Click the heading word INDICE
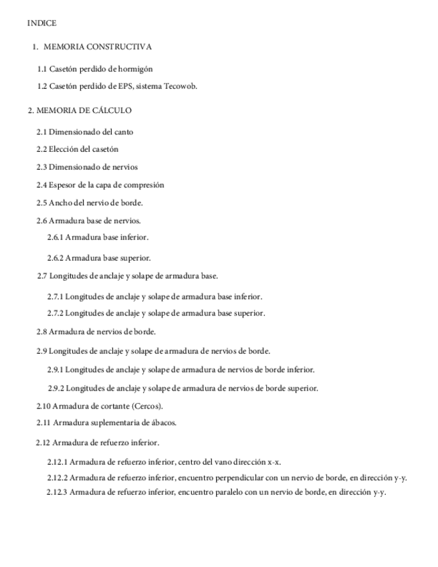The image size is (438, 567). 41,23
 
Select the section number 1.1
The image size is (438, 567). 42,69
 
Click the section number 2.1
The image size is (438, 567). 41,132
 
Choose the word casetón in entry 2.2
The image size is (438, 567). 104,149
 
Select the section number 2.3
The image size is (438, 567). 41,166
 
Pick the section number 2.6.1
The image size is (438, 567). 55,237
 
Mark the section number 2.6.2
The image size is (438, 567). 55,257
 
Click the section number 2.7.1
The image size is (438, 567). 55,296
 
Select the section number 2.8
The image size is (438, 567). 41,331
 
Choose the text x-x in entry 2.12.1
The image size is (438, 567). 274,461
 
